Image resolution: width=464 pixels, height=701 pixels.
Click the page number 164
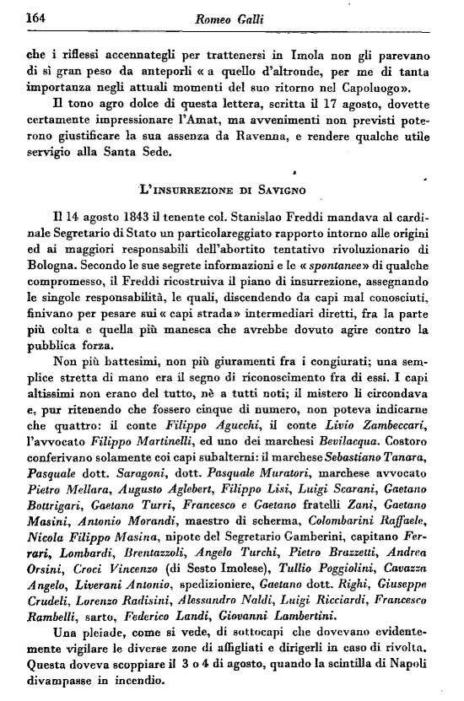pos(35,16)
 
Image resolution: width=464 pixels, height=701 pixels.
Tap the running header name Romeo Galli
pos(231,17)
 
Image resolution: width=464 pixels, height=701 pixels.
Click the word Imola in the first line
pos(288,57)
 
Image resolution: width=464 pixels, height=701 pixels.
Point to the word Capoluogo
pos(375,87)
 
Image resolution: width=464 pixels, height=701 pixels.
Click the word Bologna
pos(51,276)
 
